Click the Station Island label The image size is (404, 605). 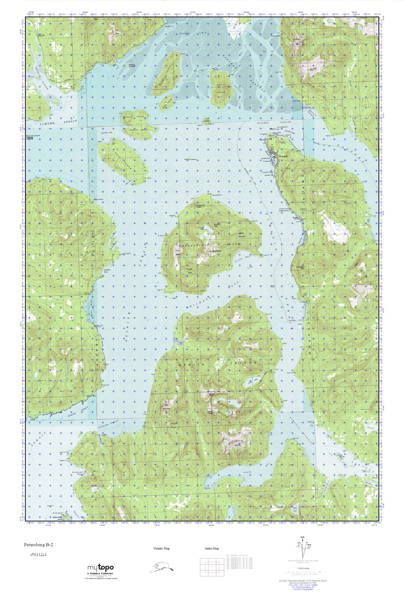[x=33, y=136]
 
